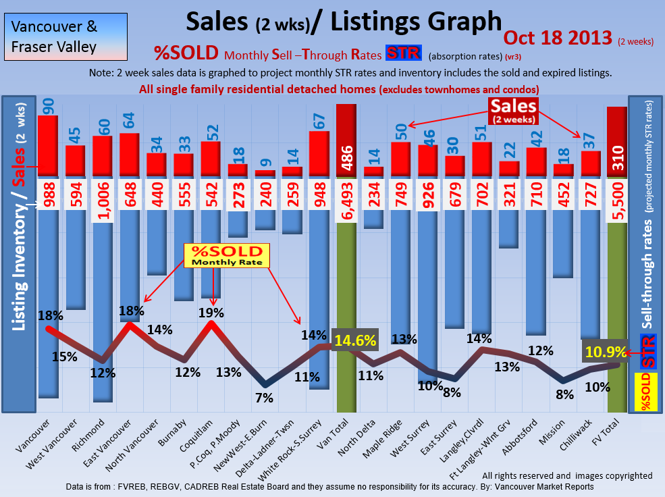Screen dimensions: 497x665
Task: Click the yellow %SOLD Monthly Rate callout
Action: coord(227,254)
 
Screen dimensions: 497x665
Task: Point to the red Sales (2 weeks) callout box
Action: coord(514,111)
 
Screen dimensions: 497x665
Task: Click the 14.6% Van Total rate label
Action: coord(355,340)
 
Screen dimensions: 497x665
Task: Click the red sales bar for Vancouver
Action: coord(47,146)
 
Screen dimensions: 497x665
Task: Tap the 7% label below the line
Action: coord(264,398)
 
